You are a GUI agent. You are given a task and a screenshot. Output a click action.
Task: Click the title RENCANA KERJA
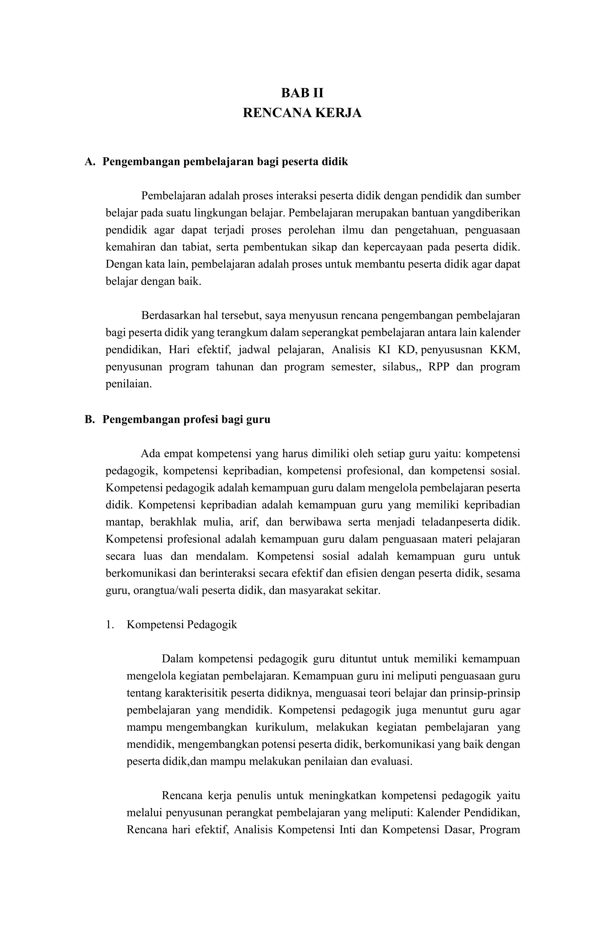pyautogui.click(x=302, y=113)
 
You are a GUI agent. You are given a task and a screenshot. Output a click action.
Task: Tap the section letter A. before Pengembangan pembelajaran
pyautogui.click(x=90, y=162)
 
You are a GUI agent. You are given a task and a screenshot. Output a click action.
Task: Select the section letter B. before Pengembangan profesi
pyautogui.click(x=90, y=420)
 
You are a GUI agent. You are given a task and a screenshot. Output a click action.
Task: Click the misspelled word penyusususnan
pyautogui.click(x=451, y=350)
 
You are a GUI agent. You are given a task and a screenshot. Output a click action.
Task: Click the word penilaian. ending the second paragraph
pyautogui.click(x=129, y=384)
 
